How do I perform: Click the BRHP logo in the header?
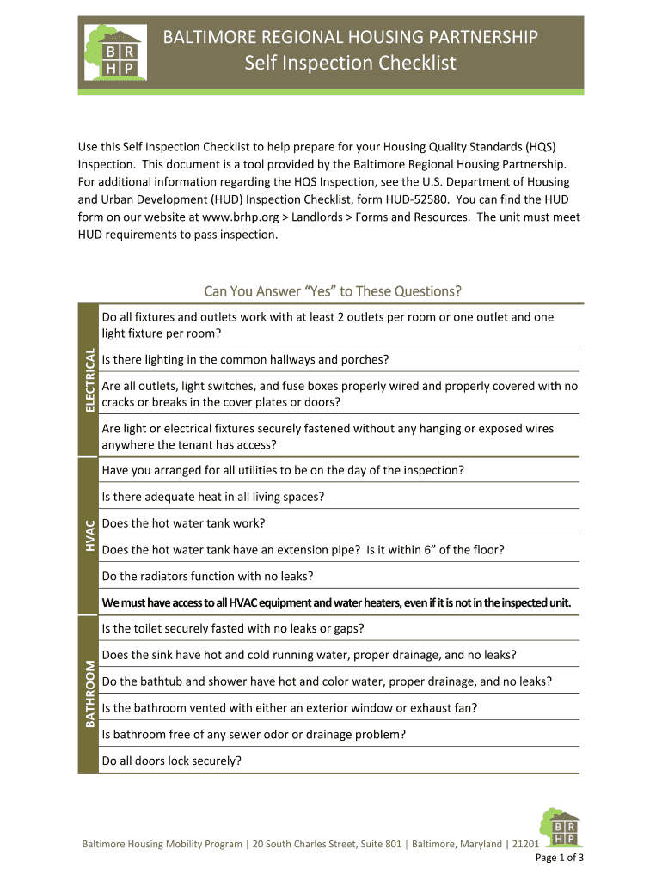(113, 53)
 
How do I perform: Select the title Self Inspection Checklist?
(350, 63)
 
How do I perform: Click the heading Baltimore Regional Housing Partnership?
(350, 37)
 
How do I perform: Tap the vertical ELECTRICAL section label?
(88, 379)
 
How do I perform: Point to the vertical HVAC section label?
(88, 535)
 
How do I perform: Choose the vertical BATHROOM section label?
(88, 694)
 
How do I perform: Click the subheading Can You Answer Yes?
(332, 290)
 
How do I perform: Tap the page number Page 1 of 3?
(560, 858)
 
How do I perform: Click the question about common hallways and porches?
(245, 359)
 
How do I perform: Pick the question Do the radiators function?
(207, 576)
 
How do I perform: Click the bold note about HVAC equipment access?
(336, 602)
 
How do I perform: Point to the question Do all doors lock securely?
(171, 761)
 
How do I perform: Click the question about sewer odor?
(254, 734)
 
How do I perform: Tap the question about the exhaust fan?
(289, 707)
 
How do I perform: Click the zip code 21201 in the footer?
(524, 844)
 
